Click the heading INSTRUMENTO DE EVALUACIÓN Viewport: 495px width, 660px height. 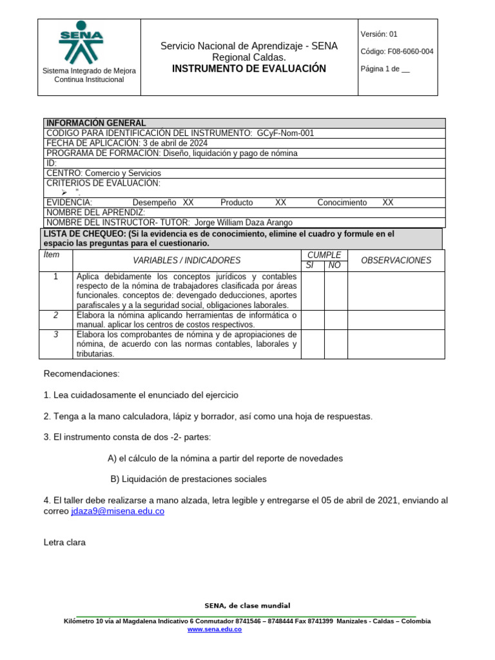[249, 69]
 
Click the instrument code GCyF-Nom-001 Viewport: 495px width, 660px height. [285, 133]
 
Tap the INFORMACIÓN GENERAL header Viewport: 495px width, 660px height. [96, 123]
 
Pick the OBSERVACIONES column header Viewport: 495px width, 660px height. [396, 260]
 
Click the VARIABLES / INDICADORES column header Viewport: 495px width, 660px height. [186, 260]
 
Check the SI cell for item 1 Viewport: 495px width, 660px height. [312, 291]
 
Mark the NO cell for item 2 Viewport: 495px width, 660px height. [335, 320]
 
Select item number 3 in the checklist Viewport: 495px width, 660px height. [56, 335]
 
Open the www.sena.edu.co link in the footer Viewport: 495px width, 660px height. [215, 629]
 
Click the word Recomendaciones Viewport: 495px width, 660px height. [81, 374]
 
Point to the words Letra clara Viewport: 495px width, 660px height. [64, 543]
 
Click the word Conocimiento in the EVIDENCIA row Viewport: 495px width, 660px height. [342, 202]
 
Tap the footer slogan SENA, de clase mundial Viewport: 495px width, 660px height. [247, 606]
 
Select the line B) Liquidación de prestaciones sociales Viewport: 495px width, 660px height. [188, 479]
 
